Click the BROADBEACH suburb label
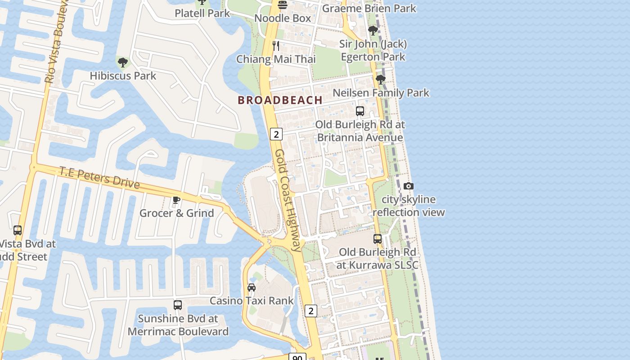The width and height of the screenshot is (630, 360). point(280,100)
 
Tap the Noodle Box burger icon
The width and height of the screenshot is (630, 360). point(283,5)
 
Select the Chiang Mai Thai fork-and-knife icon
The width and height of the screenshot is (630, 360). point(276,45)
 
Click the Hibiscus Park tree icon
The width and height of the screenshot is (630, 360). point(122,62)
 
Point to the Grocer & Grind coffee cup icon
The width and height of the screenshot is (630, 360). point(176,200)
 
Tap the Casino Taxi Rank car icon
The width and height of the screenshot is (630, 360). point(252,287)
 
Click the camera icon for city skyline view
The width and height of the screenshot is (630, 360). point(408,186)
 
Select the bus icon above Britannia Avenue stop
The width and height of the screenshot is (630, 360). point(360,111)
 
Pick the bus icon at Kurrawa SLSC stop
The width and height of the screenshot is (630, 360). point(377,239)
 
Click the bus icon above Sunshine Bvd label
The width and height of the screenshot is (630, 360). point(178,305)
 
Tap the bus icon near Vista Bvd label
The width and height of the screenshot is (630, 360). point(18,230)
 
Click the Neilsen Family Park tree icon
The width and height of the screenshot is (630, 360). point(380,80)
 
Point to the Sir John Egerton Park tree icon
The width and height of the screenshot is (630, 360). point(373,31)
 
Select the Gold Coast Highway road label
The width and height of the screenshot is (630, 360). point(288,200)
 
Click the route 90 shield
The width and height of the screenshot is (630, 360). point(297,357)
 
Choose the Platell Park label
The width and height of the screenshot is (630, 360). point(202,13)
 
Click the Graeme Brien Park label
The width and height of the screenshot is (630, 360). point(369,8)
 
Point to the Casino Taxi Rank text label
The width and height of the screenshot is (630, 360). point(252,300)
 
